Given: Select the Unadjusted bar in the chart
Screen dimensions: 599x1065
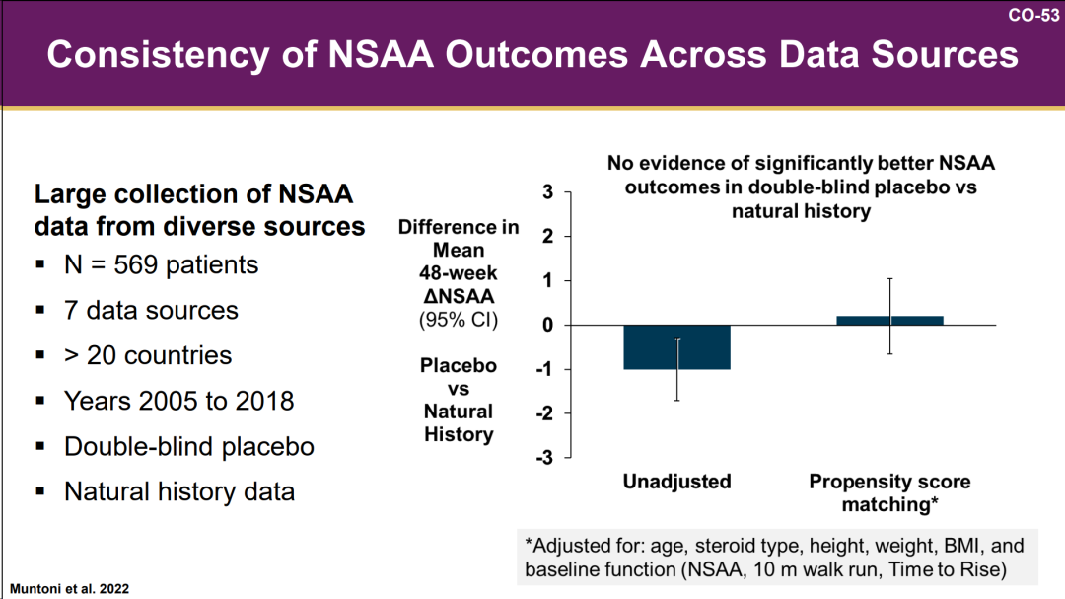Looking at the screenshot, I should pos(677,347).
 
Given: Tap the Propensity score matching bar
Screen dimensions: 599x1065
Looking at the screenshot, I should pos(889,320).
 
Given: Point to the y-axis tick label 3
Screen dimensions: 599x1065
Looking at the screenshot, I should pos(547,192).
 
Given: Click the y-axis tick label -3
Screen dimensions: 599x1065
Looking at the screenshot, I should pos(544,458).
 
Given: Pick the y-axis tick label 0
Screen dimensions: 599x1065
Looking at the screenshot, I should pos(547,326).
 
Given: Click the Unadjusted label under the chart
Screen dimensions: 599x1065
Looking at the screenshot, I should pos(676,482).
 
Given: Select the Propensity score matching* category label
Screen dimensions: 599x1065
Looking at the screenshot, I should pos(889,492).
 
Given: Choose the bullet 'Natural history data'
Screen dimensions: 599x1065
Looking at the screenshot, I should pos(178,491).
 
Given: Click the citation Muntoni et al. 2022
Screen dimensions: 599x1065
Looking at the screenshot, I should pos(69,588).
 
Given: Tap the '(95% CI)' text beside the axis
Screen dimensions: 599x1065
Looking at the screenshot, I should pos(459,320).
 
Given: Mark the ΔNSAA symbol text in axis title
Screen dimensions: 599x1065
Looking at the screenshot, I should pos(459,295).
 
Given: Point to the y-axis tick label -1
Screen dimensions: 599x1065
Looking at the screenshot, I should pos(544,370).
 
